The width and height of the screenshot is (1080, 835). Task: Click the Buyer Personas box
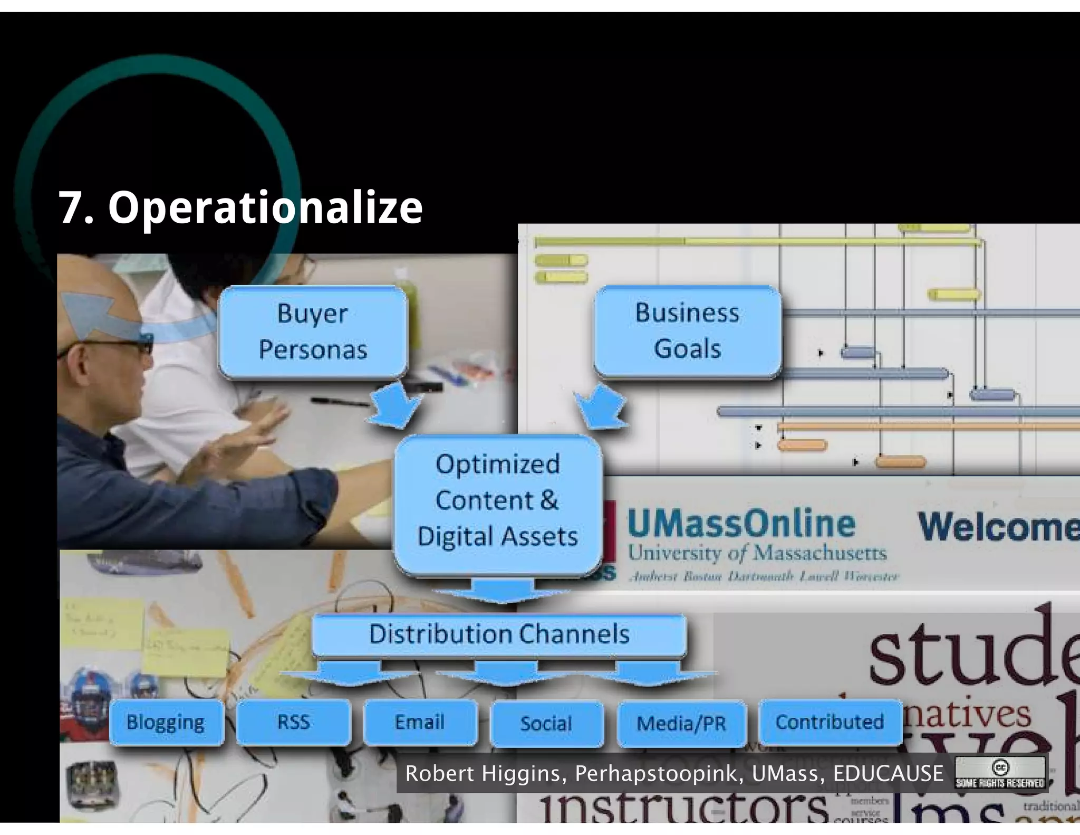[313, 331]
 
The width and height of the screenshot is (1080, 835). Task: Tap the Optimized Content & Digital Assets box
[498, 500]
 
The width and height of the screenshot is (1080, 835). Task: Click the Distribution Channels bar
[499, 634]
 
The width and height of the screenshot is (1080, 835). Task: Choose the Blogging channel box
[166, 722]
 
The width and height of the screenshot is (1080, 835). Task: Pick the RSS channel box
[293, 722]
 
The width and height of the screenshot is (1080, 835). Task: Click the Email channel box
[420, 722]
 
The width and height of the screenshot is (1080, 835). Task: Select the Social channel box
[546, 723]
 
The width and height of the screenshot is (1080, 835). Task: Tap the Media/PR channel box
[681, 723]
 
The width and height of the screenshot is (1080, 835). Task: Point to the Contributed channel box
[830, 722]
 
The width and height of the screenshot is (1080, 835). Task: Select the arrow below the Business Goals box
[601, 406]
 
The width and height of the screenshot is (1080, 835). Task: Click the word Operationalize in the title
[265, 207]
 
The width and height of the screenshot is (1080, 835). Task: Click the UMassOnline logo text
[741, 524]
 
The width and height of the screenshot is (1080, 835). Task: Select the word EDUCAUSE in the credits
[888, 774]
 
